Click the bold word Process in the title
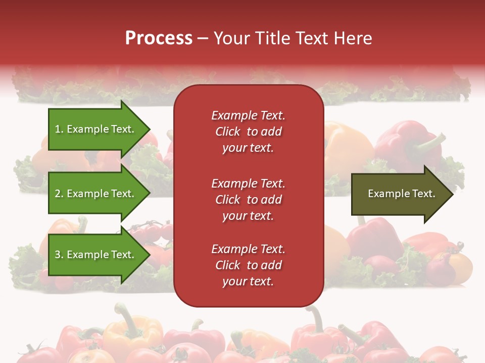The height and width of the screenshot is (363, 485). (x=159, y=38)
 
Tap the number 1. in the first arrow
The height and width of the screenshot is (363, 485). (x=59, y=130)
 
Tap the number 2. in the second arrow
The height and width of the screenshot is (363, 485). (x=59, y=194)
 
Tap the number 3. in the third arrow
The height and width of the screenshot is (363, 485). (x=59, y=255)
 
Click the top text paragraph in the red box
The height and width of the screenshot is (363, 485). (x=248, y=132)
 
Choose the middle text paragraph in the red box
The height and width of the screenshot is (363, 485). (x=248, y=200)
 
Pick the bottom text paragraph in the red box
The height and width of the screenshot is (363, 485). (x=248, y=265)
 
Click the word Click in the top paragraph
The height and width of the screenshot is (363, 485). (x=228, y=132)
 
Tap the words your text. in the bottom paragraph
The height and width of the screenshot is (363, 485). (x=248, y=281)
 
